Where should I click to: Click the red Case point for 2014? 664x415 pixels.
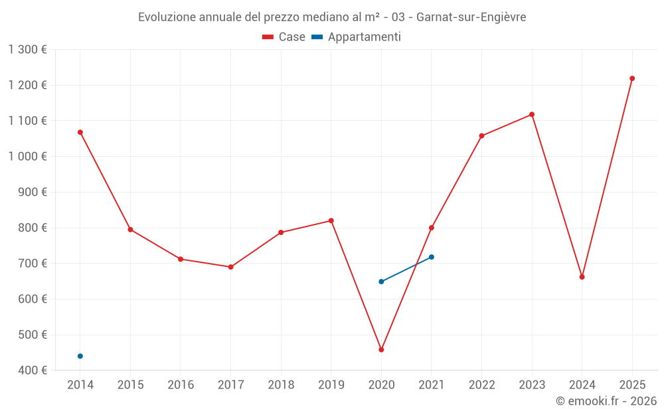(x=80, y=132)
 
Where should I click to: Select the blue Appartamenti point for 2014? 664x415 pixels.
(x=80, y=356)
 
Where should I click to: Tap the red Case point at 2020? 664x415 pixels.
(x=381, y=349)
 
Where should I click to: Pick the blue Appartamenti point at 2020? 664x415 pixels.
(x=381, y=282)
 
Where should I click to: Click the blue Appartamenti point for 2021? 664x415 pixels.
(x=432, y=257)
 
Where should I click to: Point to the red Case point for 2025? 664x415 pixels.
(x=632, y=78)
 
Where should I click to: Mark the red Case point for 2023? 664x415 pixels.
(x=532, y=114)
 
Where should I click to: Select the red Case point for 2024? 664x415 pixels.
(x=582, y=277)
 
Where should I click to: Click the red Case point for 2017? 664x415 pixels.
(x=230, y=267)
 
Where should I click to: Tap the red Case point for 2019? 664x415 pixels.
(x=331, y=220)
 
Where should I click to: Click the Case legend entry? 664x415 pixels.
(x=284, y=37)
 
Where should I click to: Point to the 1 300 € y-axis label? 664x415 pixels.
(x=28, y=49)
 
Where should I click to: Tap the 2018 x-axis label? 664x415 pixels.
(x=281, y=385)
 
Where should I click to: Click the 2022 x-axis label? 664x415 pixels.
(x=481, y=385)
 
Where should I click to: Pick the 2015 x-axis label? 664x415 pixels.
(x=130, y=385)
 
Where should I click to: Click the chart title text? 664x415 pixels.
(x=332, y=17)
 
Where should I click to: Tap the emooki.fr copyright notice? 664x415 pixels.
(x=606, y=401)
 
